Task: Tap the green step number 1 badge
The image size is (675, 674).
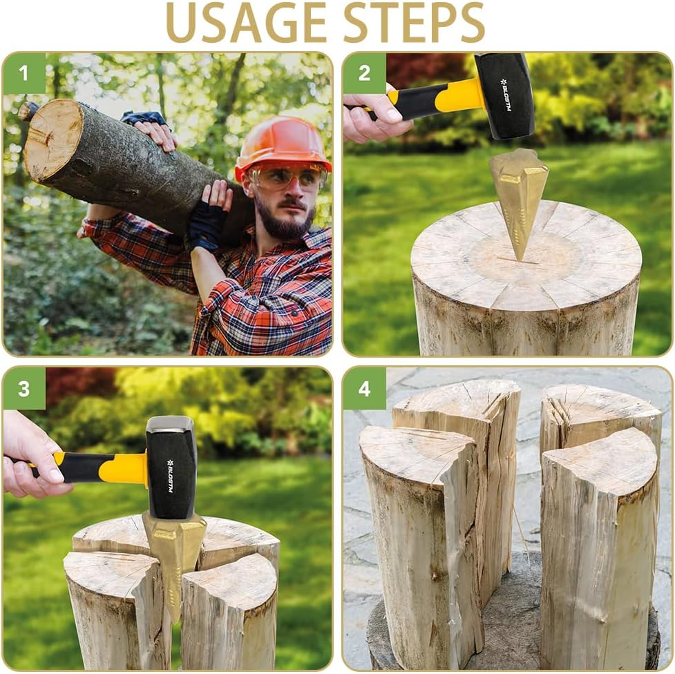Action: (x=24, y=73)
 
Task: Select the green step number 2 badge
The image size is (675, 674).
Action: (x=364, y=73)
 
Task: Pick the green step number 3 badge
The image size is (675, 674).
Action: (x=24, y=388)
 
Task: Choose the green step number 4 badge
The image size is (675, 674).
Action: (x=364, y=388)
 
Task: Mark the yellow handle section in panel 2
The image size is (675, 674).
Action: (x=459, y=96)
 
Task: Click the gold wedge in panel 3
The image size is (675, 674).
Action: (x=173, y=552)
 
